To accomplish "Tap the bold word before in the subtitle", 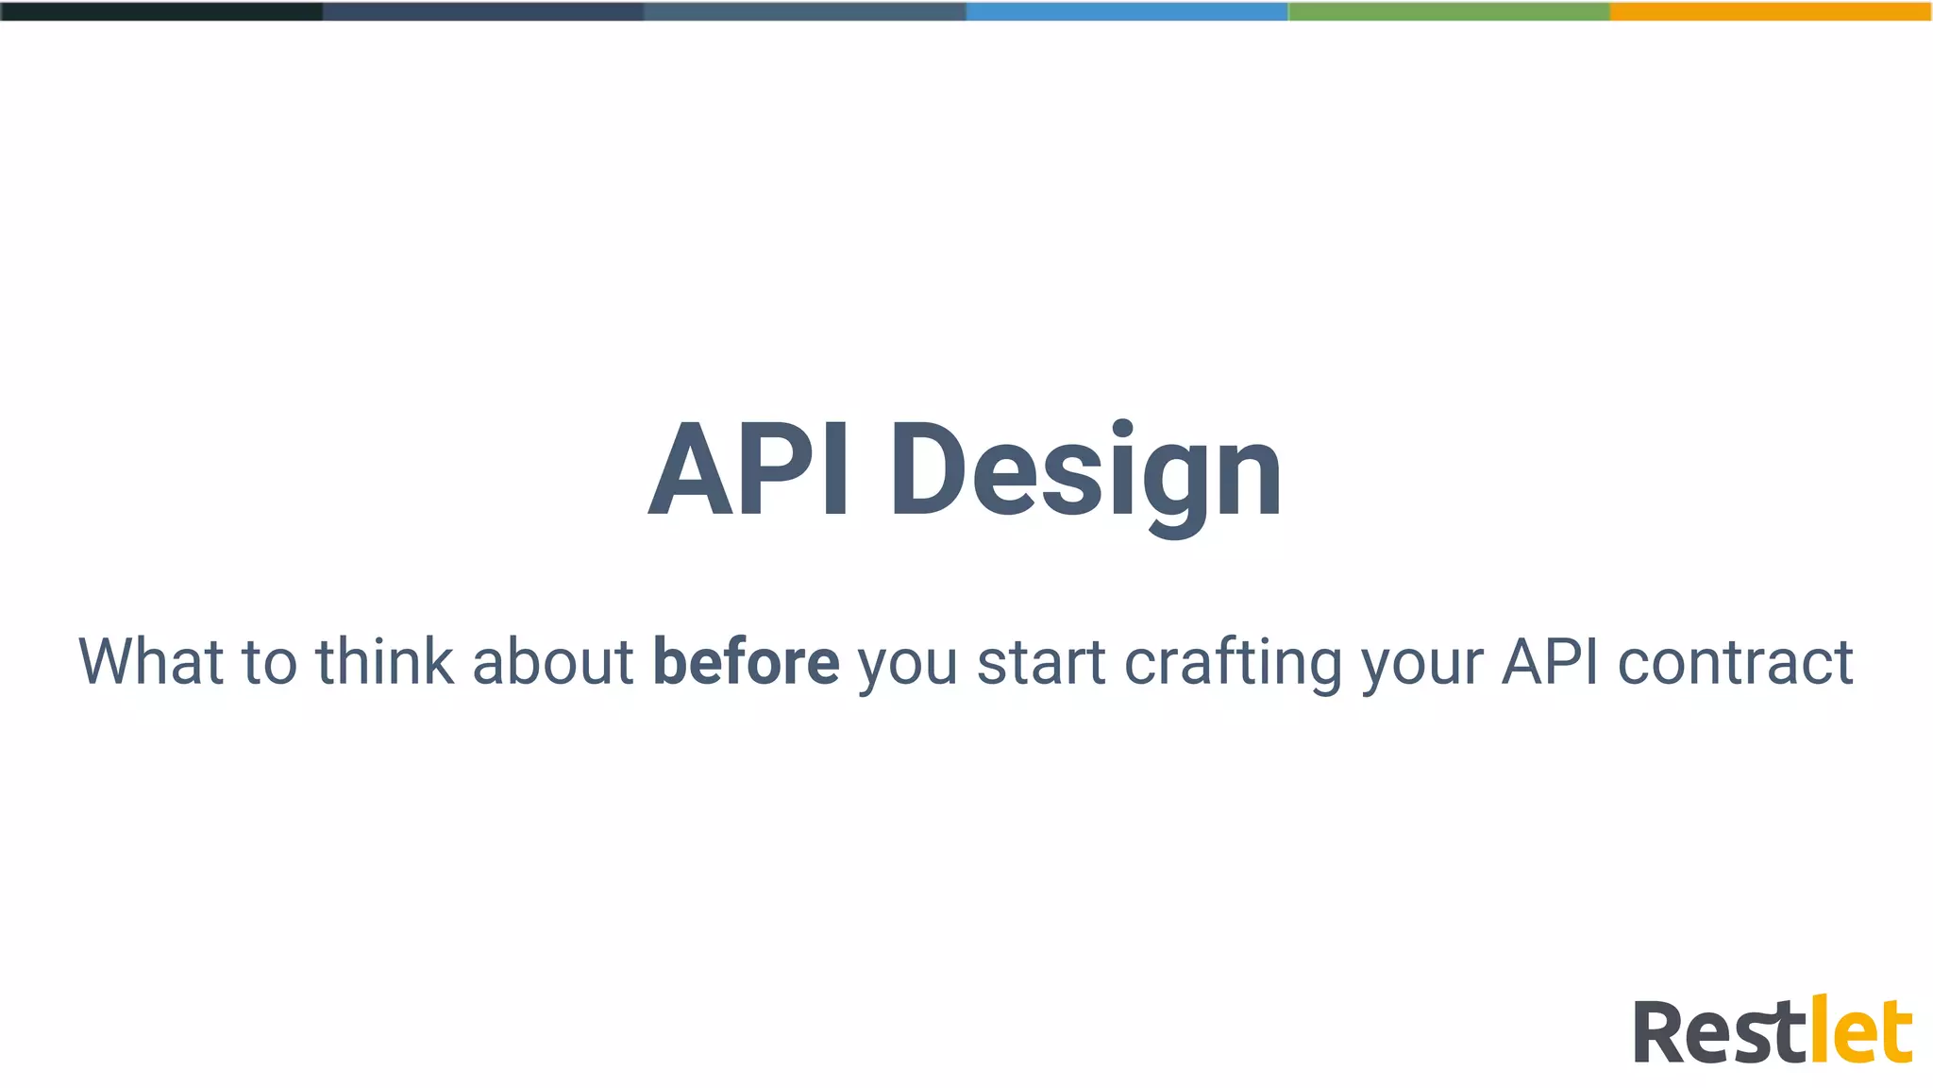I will (746, 661).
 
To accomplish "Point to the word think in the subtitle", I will (384, 661).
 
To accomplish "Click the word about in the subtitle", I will (553, 661).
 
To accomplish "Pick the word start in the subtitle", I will (1041, 661).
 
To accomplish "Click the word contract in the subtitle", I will (1736, 661).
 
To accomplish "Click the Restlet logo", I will (1773, 1030).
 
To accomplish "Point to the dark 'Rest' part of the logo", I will (1718, 1032).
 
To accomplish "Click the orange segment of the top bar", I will (1771, 11).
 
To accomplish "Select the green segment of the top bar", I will (1449, 11).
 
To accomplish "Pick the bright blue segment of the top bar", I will (1127, 11).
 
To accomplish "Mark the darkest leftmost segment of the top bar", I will (161, 11).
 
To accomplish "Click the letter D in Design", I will (930, 470).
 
